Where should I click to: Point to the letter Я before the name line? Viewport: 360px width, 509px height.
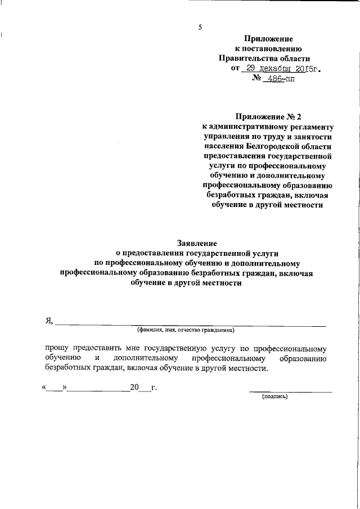(49, 321)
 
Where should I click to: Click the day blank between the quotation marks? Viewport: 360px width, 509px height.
(56, 388)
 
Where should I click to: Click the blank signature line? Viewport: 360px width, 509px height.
(290, 391)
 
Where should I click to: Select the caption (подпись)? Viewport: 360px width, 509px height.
(275, 397)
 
